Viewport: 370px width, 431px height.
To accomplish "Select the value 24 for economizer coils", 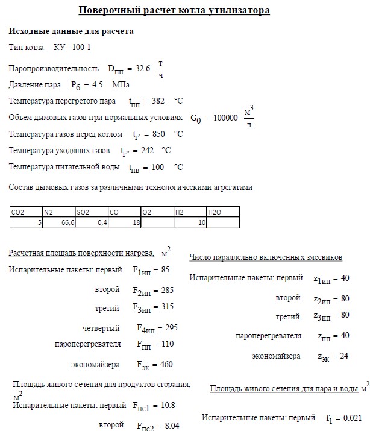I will (343, 356).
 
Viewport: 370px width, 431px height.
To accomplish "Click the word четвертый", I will (101, 328).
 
